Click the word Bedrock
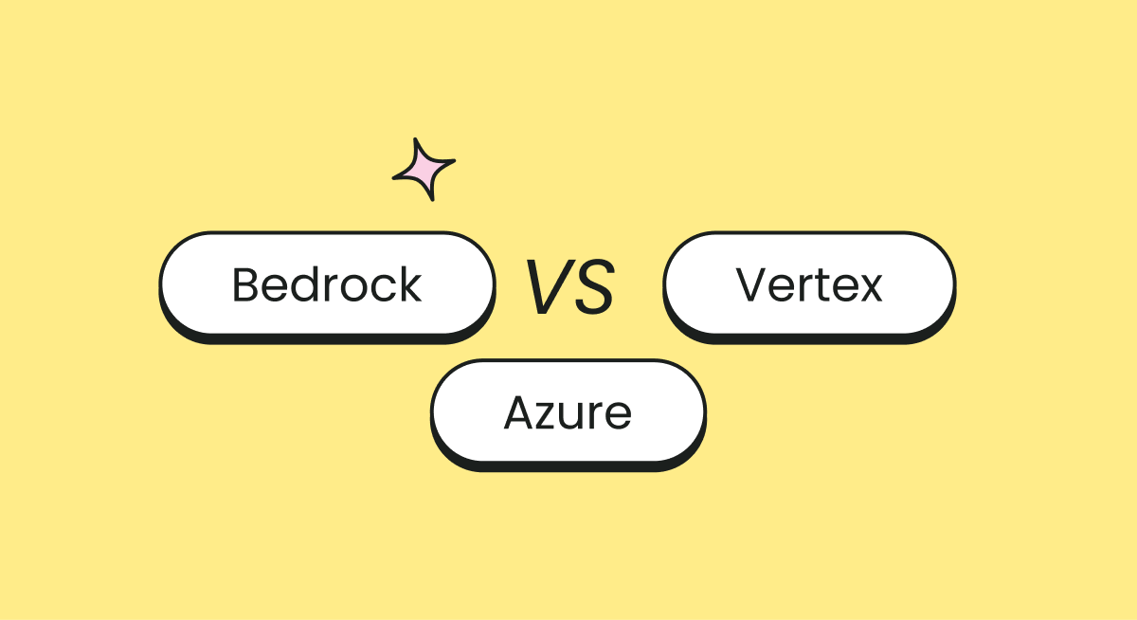327,284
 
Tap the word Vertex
809,284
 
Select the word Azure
568,412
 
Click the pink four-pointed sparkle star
424,171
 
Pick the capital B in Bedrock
245,284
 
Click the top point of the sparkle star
416,140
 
